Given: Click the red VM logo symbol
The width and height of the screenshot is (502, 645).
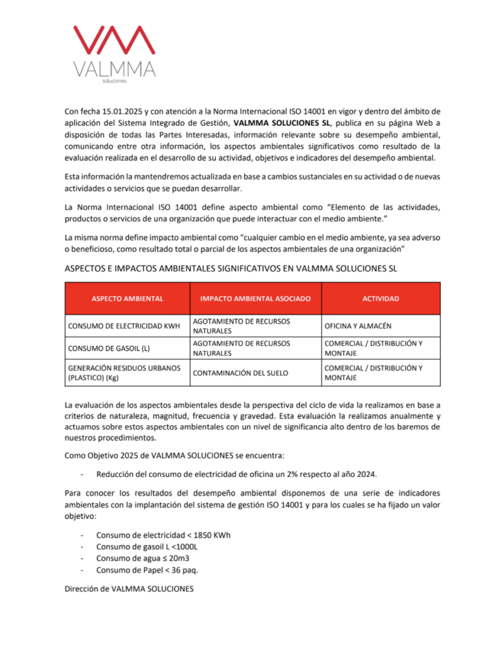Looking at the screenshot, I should click(x=114, y=42).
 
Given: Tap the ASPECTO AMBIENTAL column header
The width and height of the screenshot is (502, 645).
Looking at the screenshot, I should click(x=127, y=299).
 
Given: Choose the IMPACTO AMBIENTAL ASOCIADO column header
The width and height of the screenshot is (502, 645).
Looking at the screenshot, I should click(x=255, y=299).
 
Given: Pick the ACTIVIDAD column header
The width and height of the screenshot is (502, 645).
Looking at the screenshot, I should click(x=380, y=299).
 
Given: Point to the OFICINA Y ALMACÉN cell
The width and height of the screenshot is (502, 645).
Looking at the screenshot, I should click(x=358, y=326).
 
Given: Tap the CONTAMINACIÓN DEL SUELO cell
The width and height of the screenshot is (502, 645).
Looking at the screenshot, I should click(x=240, y=373).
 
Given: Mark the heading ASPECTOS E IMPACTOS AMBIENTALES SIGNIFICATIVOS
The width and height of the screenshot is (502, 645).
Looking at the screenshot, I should click(x=231, y=268).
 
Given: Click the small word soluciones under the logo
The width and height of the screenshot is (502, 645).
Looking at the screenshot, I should click(x=114, y=81).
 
